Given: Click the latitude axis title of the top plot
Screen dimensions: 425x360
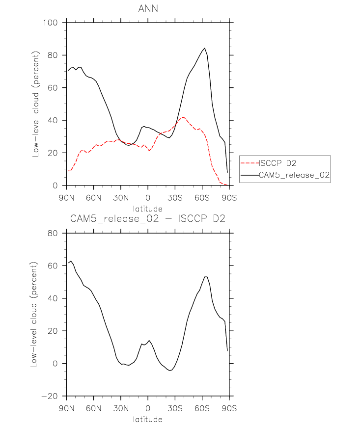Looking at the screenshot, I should coord(148,209).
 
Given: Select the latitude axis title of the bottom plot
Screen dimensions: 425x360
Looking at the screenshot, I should coord(148,420).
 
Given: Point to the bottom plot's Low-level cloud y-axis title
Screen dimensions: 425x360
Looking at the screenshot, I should coord(36,315).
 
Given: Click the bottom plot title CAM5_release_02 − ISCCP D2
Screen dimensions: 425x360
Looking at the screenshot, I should coord(148,219).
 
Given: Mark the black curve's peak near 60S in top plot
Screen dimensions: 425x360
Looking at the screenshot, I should coord(204,48).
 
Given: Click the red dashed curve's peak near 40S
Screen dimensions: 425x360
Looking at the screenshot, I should coord(183,117).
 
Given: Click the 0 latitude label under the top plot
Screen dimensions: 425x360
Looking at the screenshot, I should coord(148,198).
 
